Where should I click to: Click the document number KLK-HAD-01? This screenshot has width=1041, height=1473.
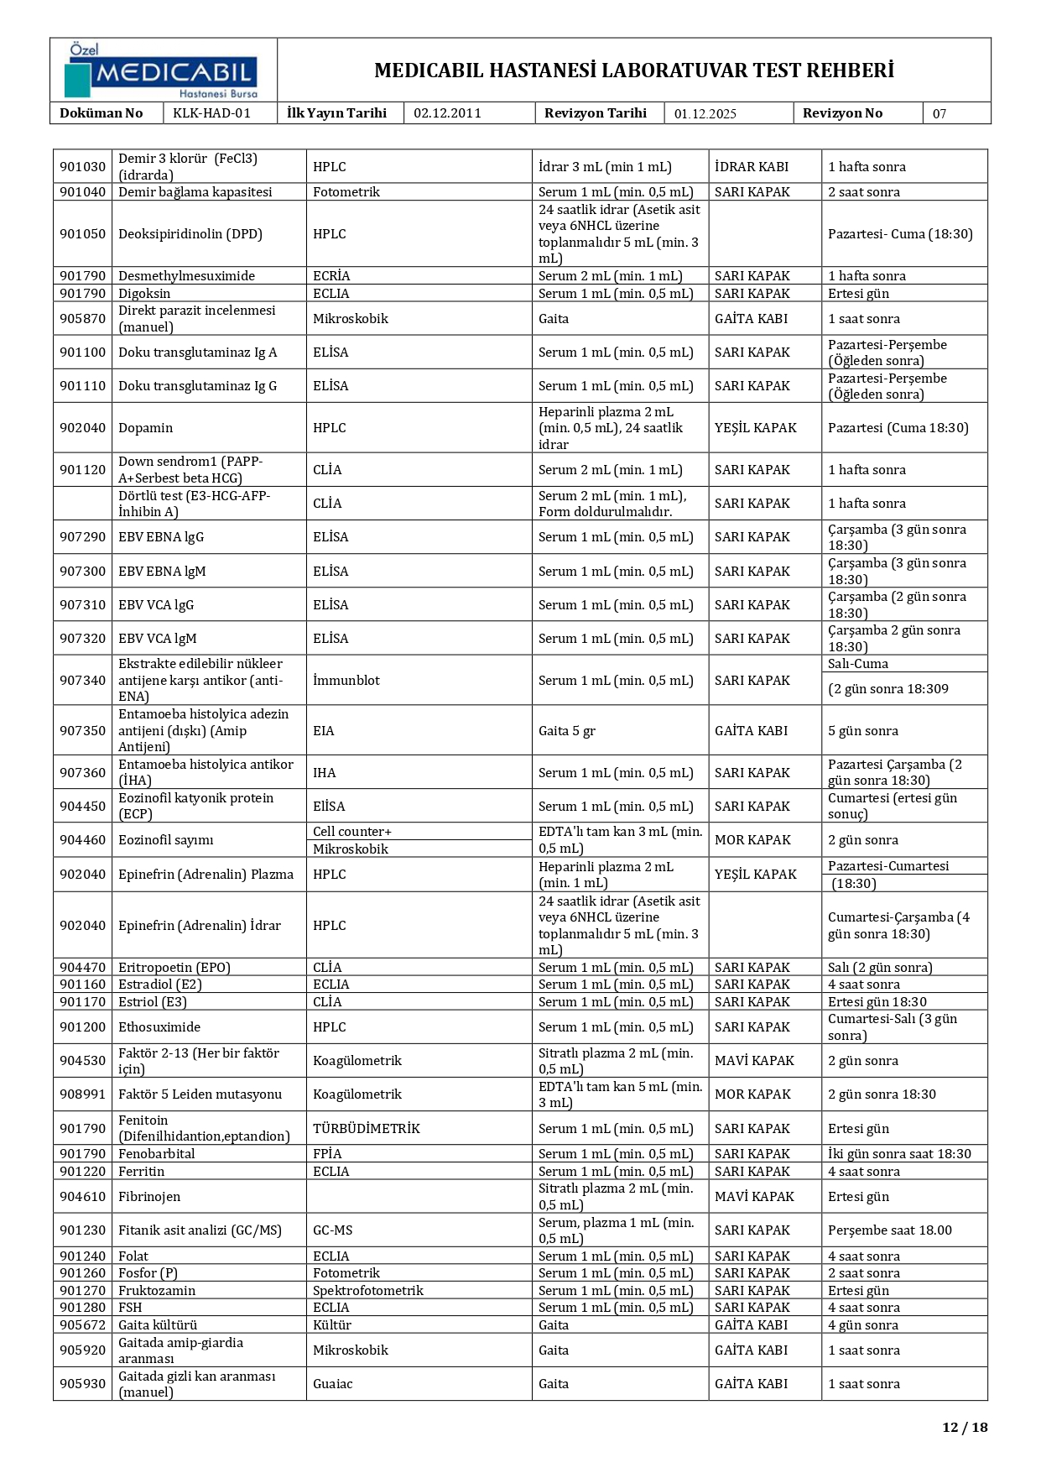(211, 113)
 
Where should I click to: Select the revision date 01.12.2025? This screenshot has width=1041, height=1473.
(705, 114)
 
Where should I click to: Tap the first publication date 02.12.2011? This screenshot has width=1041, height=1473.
(447, 113)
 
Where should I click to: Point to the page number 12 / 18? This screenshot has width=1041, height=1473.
(965, 1427)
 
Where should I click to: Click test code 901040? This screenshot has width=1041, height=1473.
(82, 192)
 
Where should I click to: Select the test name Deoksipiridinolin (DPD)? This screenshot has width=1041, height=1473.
(190, 234)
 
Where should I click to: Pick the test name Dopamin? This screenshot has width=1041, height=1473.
(145, 428)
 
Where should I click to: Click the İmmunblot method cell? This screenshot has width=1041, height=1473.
(346, 681)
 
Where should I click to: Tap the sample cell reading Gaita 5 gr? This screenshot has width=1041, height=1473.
(566, 731)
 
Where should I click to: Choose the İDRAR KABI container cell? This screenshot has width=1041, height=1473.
(751, 167)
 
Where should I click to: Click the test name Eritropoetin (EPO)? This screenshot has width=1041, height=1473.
(174, 968)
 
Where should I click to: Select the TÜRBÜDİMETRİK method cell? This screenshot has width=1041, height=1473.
(366, 1129)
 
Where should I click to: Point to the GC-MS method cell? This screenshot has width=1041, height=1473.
(332, 1230)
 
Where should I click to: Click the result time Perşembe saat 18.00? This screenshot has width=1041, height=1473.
(889, 1230)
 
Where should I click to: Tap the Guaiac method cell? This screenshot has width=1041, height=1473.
(332, 1384)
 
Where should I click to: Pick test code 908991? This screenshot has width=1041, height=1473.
(82, 1094)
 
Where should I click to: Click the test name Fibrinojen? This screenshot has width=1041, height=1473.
(149, 1197)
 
